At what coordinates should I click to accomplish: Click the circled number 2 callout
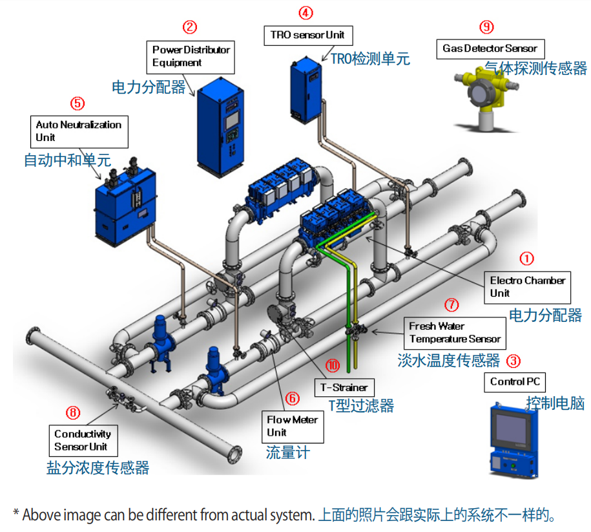[189, 27]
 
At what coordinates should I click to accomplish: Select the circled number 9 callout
[486, 27]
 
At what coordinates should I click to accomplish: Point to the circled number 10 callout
[333, 366]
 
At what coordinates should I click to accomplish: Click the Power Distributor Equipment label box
[191, 56]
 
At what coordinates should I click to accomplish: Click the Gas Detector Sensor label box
[490, 48]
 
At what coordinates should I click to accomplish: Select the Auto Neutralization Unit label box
[79, 131]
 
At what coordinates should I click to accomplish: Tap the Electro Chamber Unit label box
[528, 287]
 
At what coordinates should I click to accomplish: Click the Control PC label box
[515, 381]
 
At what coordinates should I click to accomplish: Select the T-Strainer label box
[344, 388]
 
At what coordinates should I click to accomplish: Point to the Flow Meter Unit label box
[293, 426]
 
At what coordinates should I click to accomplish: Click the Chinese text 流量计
[287, 452]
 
